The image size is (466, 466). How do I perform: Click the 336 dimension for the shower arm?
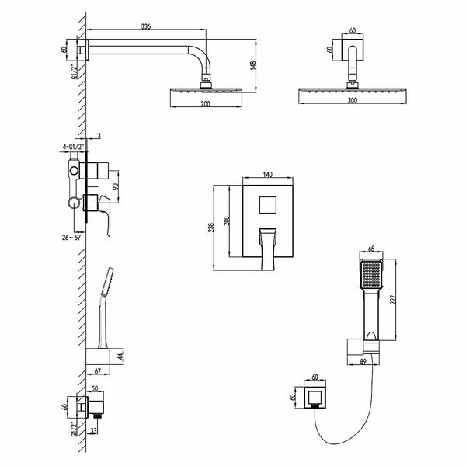point(146,26)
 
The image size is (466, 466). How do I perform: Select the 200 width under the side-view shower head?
point(205,104)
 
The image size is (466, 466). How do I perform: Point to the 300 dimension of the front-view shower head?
point(352,100)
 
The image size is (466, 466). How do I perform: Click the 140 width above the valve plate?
point(268,175)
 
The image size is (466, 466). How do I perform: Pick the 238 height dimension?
point(210,228)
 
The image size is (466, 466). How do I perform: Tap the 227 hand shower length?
point(393,300)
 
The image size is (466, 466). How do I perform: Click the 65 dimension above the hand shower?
point(371,249)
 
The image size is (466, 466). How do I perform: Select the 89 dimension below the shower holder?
point(363,361)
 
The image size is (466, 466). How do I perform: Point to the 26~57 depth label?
point(71,237)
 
